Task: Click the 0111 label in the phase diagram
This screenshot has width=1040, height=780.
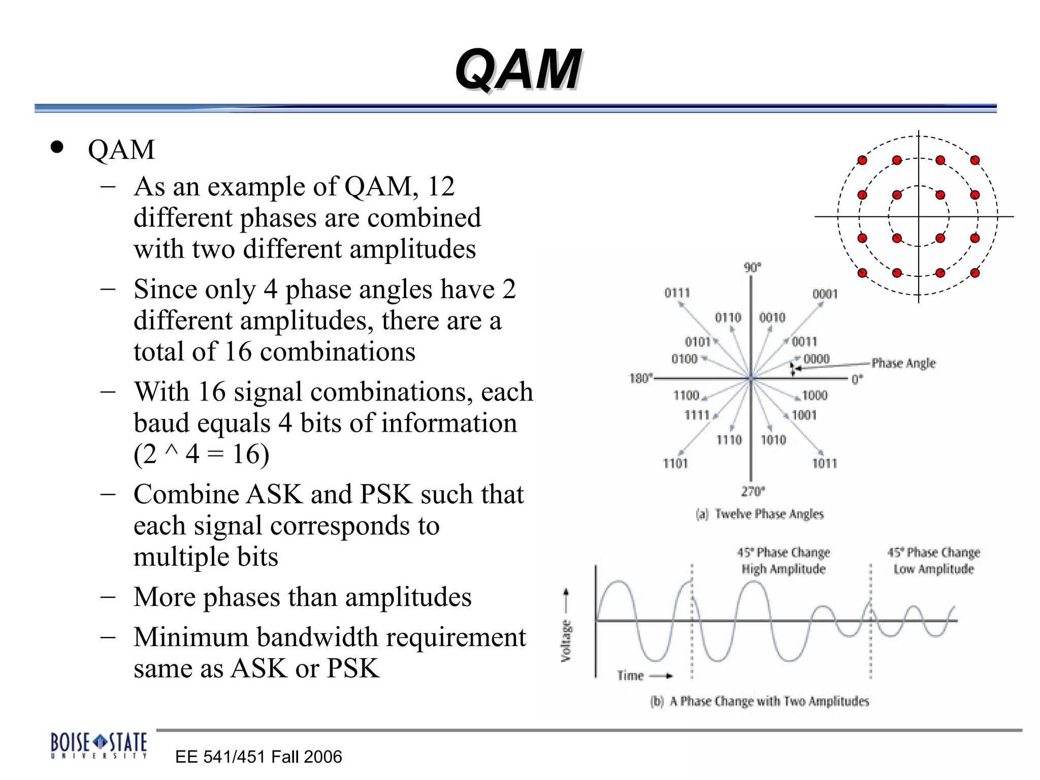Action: click(677, 293)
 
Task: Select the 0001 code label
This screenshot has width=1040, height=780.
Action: click(825, 294)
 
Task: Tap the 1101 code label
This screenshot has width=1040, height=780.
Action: click(675, 463)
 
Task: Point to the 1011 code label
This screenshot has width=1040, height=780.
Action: click(824, 463)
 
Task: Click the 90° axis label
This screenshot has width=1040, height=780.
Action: click(752, 268)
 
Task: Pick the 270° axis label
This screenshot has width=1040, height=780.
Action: click(753, 491)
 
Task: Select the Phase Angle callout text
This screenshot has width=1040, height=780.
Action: click(903, 363)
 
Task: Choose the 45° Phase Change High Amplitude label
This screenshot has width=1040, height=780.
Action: click(784, 561)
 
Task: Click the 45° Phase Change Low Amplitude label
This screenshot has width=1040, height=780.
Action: click(933, 561)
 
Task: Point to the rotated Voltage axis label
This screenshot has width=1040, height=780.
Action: click(566, 641)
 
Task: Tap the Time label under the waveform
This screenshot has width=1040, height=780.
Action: click(630, 675)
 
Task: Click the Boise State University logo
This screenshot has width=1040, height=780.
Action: click(99, 745)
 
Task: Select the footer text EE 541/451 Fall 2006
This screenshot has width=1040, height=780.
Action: click(258, 757)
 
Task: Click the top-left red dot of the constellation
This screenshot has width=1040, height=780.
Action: click(862, 160)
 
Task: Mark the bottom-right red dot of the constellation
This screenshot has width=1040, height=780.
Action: click(974, 273)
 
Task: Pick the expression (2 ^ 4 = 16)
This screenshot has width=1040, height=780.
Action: click(201, 454)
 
